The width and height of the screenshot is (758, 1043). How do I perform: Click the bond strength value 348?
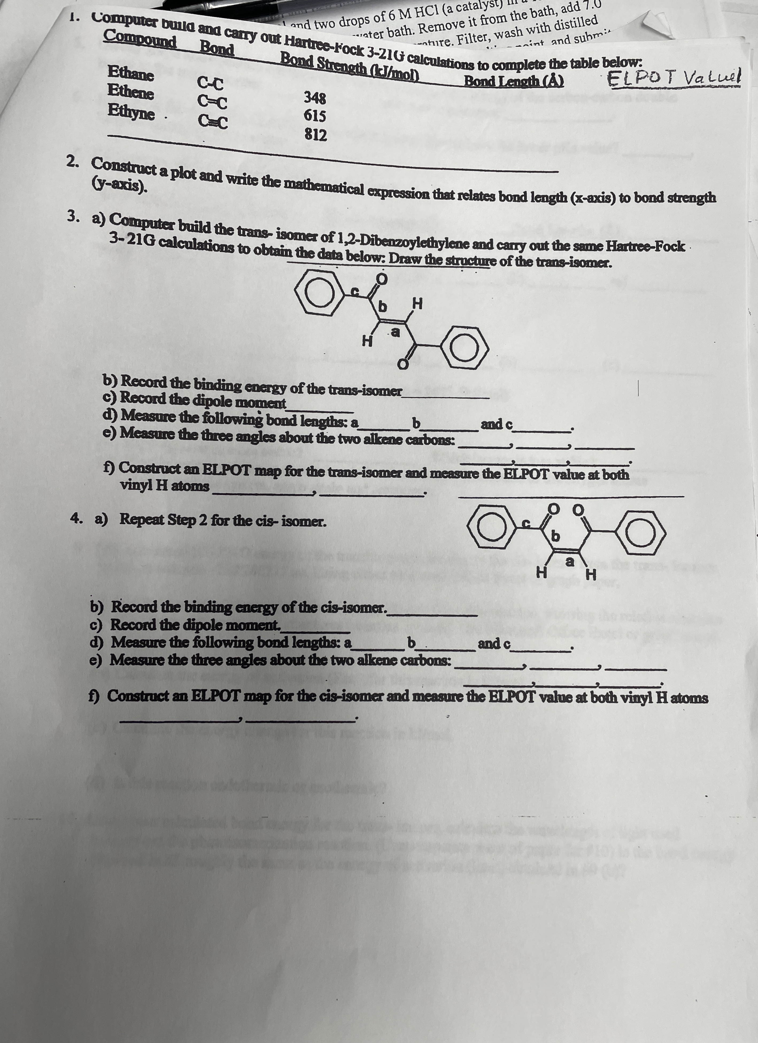[x=315, y=98]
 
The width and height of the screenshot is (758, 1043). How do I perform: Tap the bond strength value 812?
[x=316, y=135]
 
